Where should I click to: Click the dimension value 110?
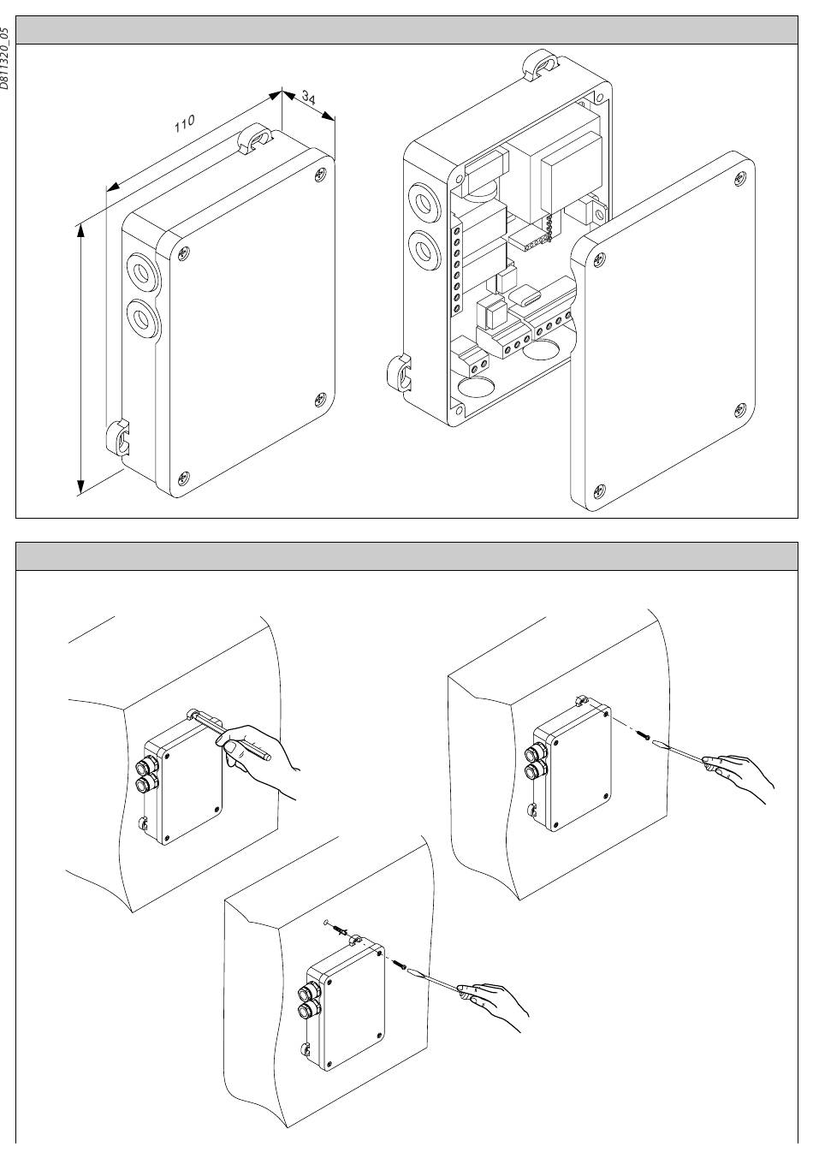184,123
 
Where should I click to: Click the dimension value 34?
309,98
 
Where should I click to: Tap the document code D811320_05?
5,58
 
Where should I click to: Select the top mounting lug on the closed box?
255,138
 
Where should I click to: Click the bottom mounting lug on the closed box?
119,437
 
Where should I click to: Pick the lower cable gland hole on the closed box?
141,318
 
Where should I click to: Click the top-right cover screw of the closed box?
320,175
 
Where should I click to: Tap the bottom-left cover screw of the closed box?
184,478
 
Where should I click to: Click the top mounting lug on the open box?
541,65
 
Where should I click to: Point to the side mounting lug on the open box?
399,373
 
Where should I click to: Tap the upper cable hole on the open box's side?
423,203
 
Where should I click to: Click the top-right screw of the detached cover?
739,179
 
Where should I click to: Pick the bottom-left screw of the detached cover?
599,491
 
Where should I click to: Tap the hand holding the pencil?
258,755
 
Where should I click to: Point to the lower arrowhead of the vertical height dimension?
80,485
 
